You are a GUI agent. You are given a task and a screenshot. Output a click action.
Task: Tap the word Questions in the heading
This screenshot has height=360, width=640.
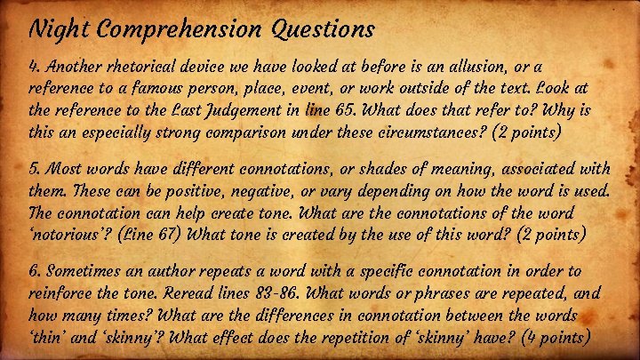318,30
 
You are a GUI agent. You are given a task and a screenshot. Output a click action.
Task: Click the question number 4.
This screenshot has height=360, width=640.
35,68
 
